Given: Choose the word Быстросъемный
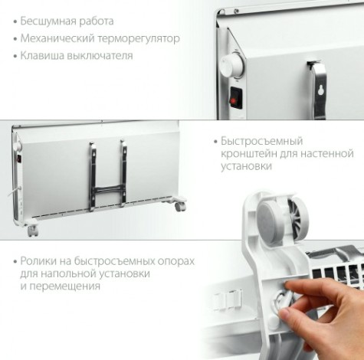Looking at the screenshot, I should coord(257,142).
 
